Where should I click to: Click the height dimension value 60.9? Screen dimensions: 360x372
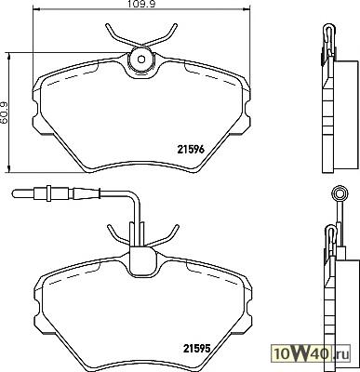pos(6,112)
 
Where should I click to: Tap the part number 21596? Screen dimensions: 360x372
pos(191,150)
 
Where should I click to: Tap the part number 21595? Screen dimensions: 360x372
pos(197,348)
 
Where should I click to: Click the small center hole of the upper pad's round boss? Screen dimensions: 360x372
pos(141,59)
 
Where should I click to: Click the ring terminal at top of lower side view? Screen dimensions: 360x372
pos(340,193)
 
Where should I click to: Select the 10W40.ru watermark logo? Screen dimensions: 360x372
pos(311,353)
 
